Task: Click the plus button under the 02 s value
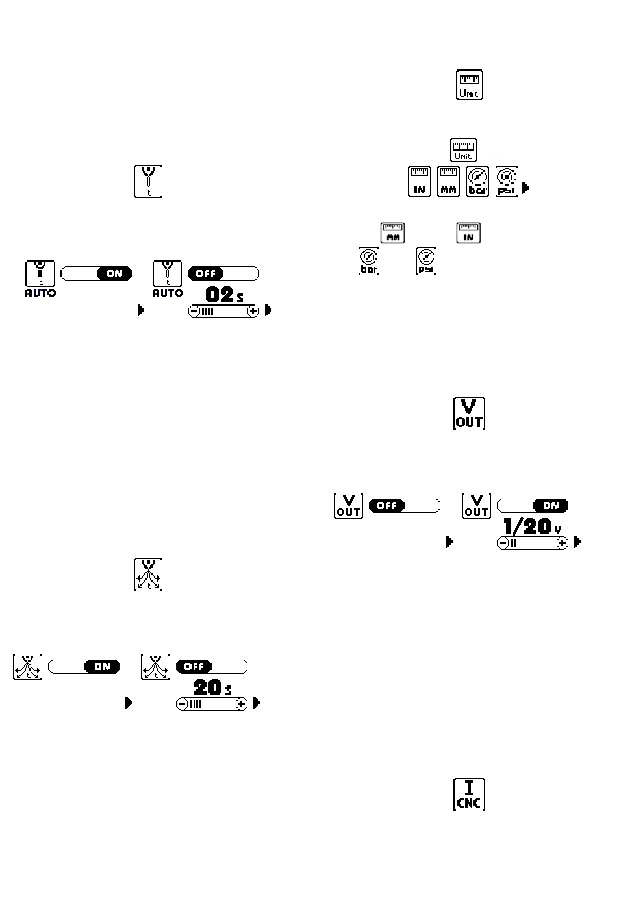click(x=253, y=312)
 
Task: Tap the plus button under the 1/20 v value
click(x=562, y=543)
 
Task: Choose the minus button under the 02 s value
click(x=194, y=312)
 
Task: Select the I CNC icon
click(x=469, y=795)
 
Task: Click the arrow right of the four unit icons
click(x=525, y=188)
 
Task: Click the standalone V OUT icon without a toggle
click(x=469, y=413)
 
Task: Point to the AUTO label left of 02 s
click(x=168, y=293)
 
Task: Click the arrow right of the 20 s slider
click(x=257, y=703)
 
